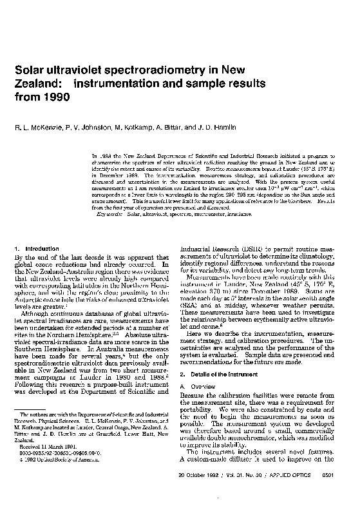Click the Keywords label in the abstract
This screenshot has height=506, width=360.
coord(109,212)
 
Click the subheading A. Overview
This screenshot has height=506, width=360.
coord(196,370)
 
